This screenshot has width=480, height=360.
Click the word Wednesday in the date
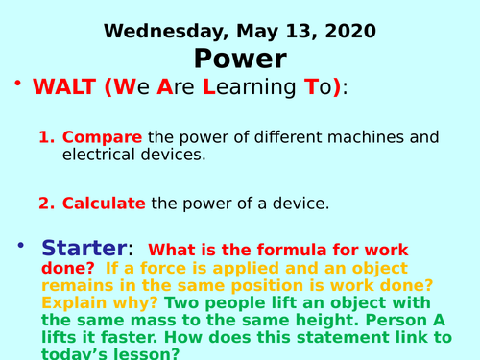151,30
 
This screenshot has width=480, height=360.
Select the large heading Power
239,59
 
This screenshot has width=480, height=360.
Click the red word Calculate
104,203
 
